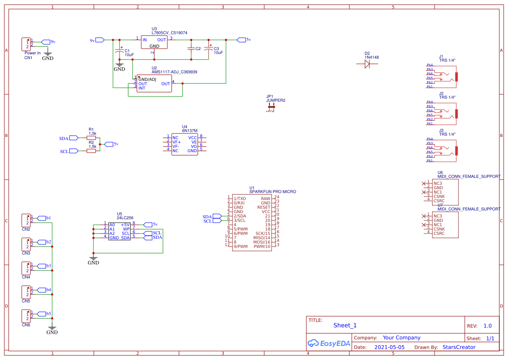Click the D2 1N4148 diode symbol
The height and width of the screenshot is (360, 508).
(x=367, y=64)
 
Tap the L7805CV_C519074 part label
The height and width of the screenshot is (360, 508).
(x=169, y=33)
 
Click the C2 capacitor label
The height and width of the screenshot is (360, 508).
(x=198, y=49)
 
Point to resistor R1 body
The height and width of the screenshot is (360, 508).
(x=91, y=137)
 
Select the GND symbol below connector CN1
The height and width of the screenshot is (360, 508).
(x=48, y=55)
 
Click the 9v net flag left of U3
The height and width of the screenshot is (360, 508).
(x=100, y=40)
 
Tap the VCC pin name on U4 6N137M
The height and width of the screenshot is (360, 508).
(x=192, y=137)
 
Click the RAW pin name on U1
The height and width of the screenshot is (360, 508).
(x=265, y=198)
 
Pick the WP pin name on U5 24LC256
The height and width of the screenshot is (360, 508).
(x=126, y=229)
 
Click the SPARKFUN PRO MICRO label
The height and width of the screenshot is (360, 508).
(x=272, y=192)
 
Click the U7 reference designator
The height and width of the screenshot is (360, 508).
(x=440, y=205)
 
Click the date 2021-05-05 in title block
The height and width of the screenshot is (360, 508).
(x=389, y=347)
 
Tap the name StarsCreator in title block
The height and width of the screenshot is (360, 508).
(x=459, y=347)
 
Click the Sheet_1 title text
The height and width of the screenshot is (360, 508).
(x=345, y=325)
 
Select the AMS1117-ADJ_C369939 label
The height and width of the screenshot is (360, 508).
(x=174, y=72)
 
